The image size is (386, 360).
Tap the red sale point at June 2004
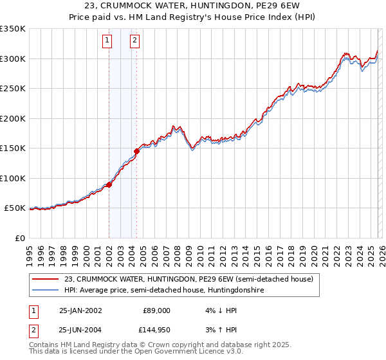tap(136, 152)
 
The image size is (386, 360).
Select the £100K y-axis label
tap(13, 178)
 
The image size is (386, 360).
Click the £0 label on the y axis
tap(19, 238)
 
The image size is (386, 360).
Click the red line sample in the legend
tap(45, 280)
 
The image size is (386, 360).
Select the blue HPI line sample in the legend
tap(45, 291)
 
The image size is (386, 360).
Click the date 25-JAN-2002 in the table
tap(80, 310)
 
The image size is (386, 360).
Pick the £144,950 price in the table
tap(155, 329)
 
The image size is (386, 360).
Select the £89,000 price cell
tap(157, 310)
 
